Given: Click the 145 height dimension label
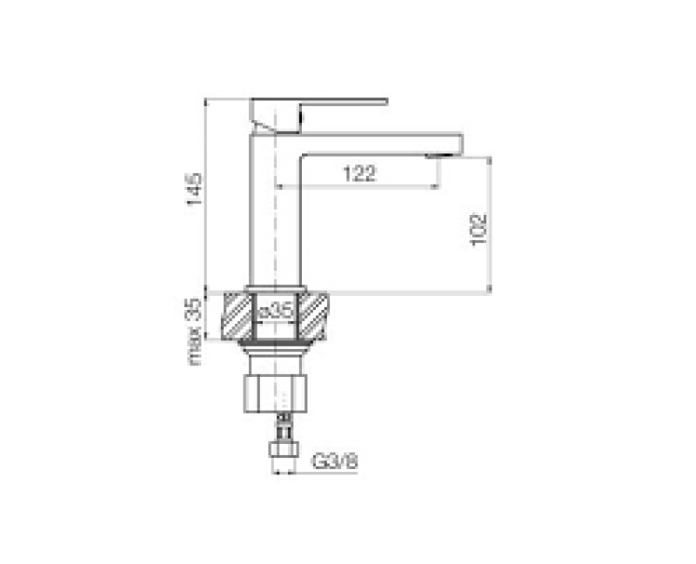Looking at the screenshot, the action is click(x=194, y=189).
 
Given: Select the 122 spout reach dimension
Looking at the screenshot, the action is click(x=359, y=173).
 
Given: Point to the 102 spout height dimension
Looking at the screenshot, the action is click(x=479, y=230).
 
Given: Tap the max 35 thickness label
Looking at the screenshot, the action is click(x=193, y=332).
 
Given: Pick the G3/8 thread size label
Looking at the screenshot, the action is click(x=335, y=461).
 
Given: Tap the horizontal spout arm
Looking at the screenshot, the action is click(x=382, y=144).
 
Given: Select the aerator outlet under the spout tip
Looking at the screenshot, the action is click(x=438, y=156).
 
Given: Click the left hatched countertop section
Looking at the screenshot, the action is click(x=237, y=316).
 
